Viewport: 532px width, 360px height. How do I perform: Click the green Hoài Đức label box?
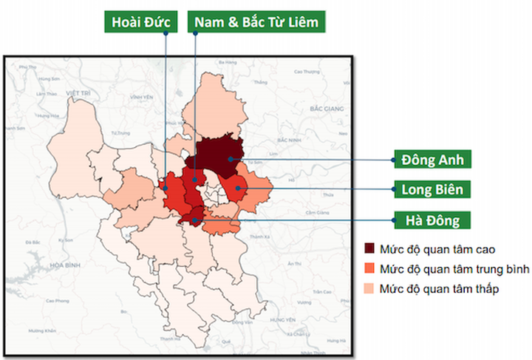pos(140,21)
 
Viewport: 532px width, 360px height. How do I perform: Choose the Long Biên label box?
pos(432,189)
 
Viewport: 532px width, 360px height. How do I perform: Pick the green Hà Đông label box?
pos(432,220)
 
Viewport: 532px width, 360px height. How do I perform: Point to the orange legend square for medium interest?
pos(369,268)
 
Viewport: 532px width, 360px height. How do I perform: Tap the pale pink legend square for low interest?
pos(369,288)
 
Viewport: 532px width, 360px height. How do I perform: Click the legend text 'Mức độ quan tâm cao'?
pos(432,249)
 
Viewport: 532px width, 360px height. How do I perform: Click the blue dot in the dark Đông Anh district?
pos(231,158)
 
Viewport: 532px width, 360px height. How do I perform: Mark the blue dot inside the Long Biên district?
pos(237,189)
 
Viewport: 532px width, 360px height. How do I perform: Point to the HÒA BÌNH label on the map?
pos(37,264)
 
